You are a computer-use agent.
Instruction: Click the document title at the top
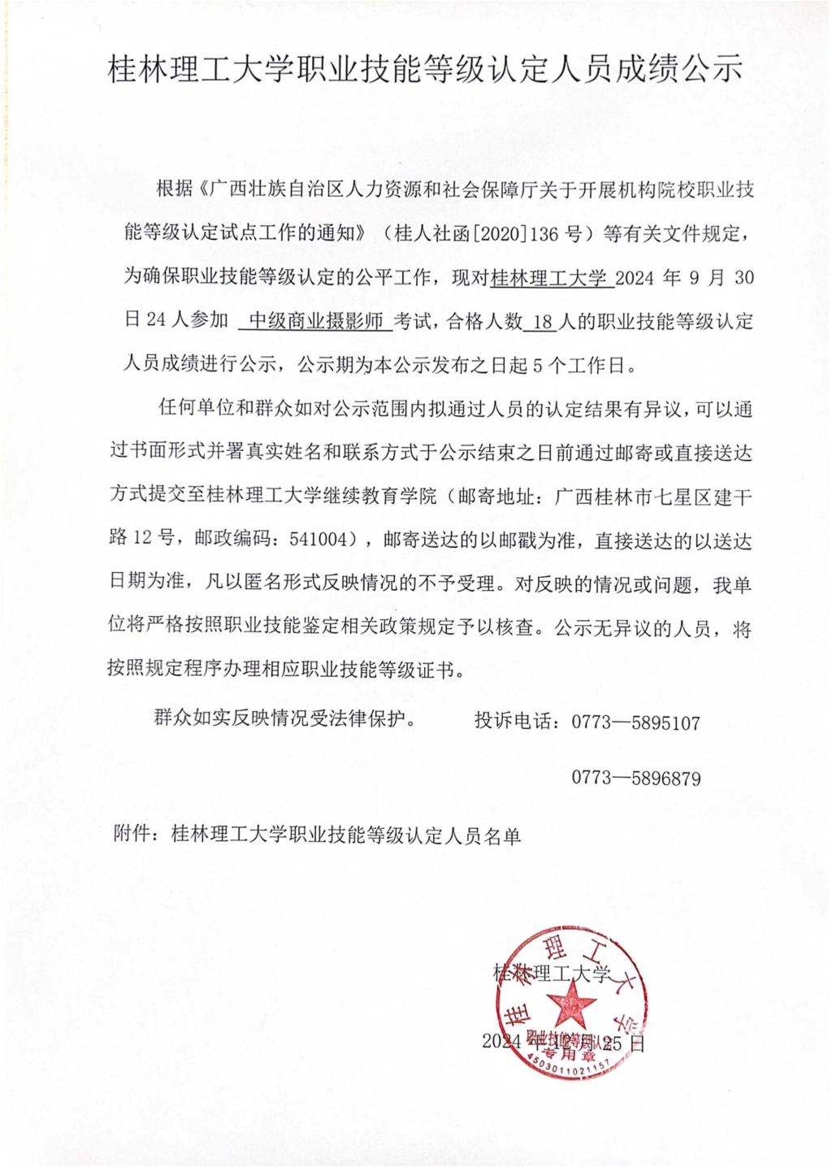point(425,71)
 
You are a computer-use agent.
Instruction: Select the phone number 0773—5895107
point(635,722)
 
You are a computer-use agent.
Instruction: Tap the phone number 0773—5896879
point(635,778)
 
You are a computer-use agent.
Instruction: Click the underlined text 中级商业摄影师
point(315,322)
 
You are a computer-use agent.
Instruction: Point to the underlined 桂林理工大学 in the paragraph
point(550,279)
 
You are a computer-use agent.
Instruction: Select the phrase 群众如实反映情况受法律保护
point(284,718)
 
